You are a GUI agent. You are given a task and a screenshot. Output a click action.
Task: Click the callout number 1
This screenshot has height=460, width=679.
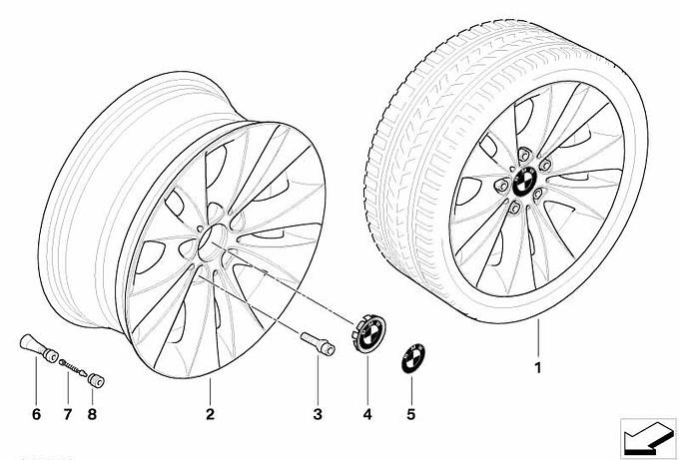[x=538, y=368]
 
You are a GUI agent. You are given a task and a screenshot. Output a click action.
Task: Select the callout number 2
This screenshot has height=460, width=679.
[x=210, y=414]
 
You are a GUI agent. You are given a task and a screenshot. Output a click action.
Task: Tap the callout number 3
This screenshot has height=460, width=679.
[x=318, y=414]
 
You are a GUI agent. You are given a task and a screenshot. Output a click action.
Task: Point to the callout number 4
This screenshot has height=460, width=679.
[x=367, y=414]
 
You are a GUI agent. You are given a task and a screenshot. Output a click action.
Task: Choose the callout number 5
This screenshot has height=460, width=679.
[x=411, y=414]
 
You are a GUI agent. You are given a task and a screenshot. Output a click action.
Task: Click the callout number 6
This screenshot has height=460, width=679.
[x=36, y=414]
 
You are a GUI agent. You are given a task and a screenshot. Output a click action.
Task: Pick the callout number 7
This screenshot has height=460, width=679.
[x=68, y=414]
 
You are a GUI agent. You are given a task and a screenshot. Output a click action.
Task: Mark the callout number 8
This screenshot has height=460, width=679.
[x=92, y=414]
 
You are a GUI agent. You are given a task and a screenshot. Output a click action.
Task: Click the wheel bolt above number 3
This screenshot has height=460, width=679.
[x=318, y=345]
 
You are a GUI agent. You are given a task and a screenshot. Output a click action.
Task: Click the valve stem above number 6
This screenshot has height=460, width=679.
[x=39, y=348]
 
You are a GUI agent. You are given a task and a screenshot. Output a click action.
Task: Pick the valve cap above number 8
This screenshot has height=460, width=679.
[x=96, y=380]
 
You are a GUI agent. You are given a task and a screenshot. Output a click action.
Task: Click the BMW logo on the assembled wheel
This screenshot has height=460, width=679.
[x=525, y=182]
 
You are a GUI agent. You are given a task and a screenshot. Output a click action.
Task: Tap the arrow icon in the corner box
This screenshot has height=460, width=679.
[x=648, y=437]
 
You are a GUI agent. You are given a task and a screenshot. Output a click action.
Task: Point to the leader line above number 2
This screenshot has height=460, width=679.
[x=210, y=391]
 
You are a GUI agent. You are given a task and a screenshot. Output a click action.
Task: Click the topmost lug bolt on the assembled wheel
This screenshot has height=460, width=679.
[x=523, y=155]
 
